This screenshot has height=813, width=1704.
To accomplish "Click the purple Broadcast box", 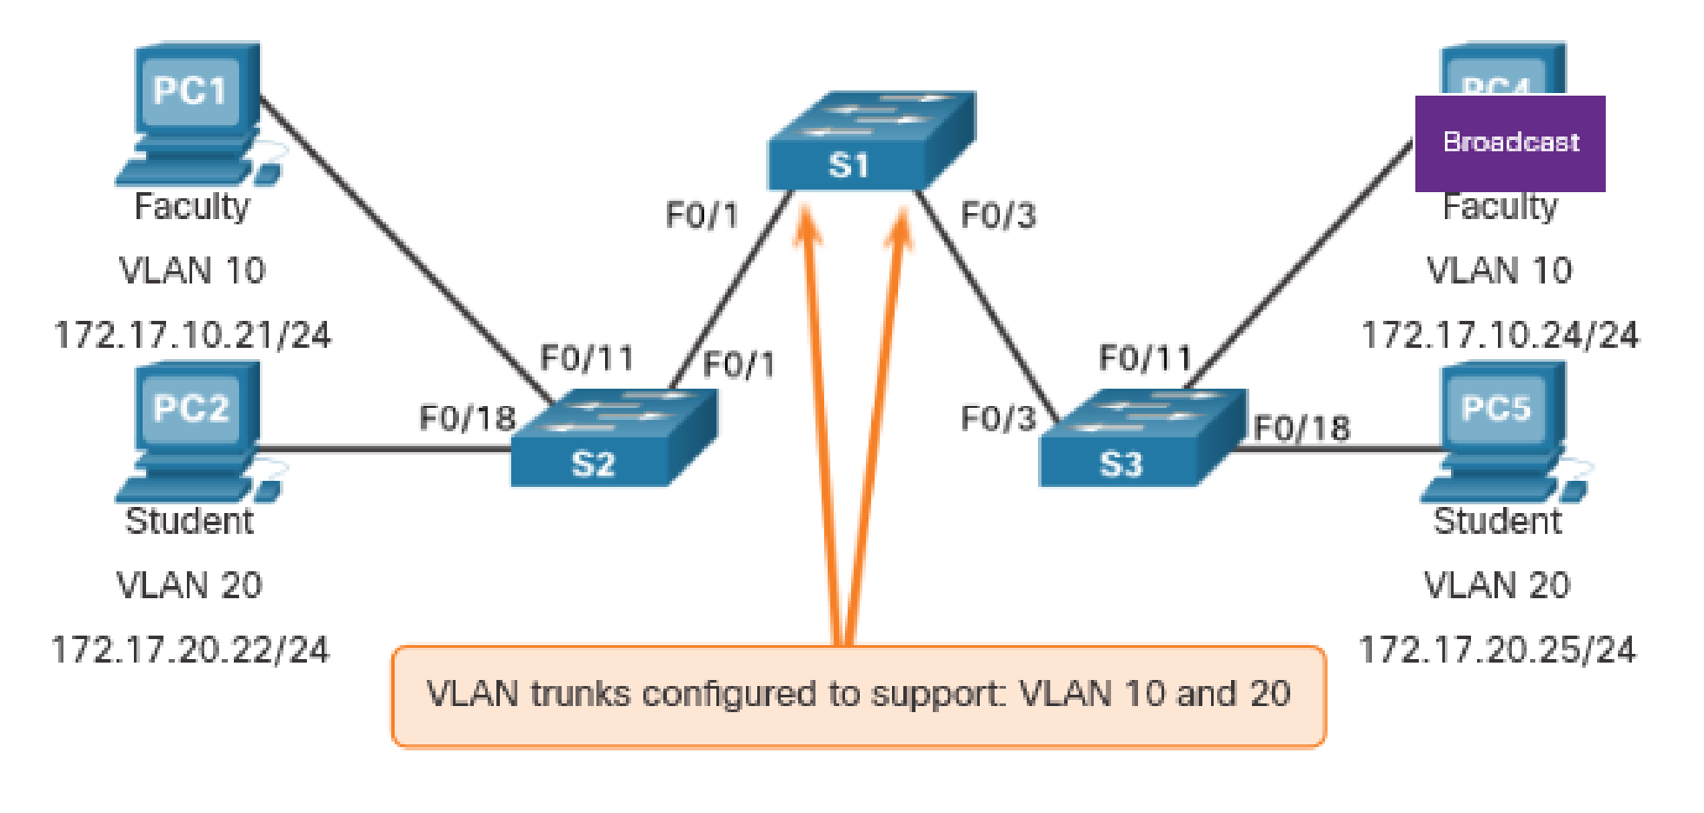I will [1509, 143].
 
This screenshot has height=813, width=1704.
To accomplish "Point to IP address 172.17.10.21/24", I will [192, 335].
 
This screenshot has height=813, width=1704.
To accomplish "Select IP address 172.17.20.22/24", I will [190, 650].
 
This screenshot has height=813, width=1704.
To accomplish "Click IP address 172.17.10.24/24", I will [1499, 335].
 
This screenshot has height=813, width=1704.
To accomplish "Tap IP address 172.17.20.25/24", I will [1496, 650].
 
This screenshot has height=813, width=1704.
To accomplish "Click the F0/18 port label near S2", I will [468, 418].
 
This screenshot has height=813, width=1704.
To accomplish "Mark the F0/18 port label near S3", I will [1301, 428].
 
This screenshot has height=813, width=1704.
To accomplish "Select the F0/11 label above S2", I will [587, 357].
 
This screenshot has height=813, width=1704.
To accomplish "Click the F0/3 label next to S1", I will [998, 215].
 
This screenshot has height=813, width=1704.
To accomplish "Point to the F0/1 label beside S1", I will [702, 215].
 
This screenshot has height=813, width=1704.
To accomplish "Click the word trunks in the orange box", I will [580, 694].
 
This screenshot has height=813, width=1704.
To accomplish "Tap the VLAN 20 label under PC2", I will [190, 585].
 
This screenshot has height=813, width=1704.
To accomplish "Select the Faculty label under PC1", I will [191, 207].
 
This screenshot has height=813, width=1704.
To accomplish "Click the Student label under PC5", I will [1497, 521].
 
